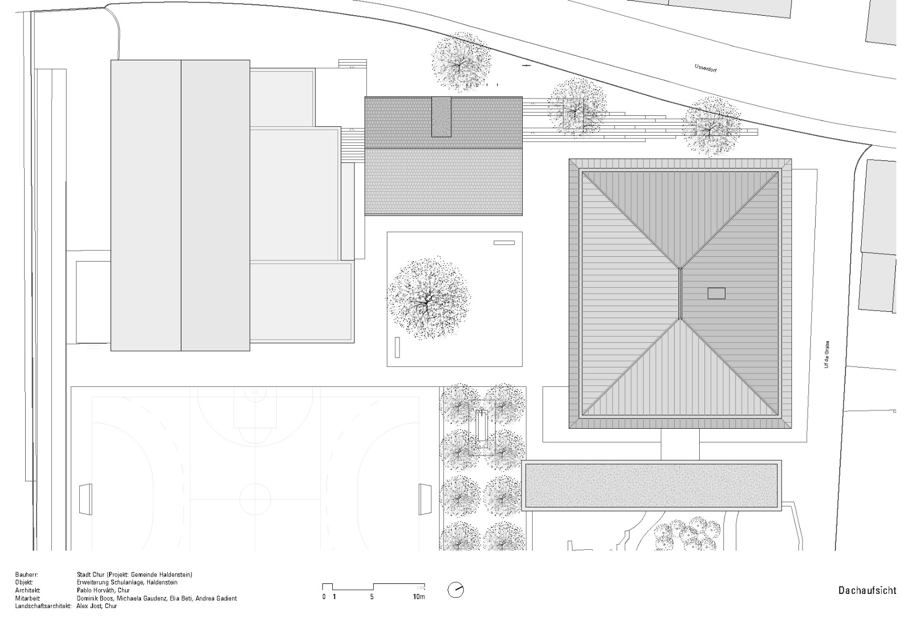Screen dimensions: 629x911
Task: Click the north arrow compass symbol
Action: pos(456,590)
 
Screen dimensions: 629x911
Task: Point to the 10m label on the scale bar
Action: pos(418,597)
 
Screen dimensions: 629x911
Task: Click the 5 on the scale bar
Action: pos(372,597)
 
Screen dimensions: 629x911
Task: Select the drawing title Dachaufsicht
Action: pos(867,591)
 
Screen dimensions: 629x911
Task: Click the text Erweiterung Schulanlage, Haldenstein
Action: pos(127,582)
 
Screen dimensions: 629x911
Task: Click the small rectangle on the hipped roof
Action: pos(716,293)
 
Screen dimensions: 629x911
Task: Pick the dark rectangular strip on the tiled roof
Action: pos(441,117)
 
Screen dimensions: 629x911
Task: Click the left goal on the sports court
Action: pos(85,499)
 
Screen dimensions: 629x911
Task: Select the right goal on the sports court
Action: pos(425,499)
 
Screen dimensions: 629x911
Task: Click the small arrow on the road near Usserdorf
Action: pos(526,66)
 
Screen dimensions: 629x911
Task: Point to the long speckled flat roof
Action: pos(652,485)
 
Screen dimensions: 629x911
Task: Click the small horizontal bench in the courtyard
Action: pos(504,243)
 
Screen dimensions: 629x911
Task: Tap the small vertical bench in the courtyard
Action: pos(397,348)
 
